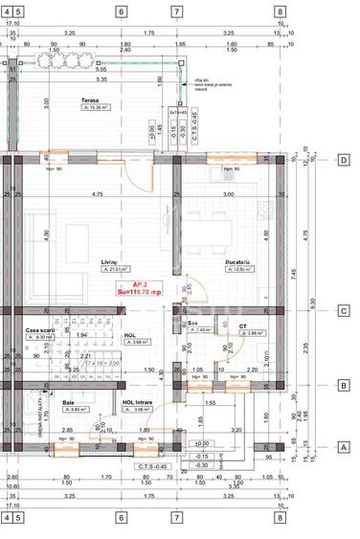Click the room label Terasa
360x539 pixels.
[x=93, y=100]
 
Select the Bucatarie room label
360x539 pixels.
[x=236, y=260]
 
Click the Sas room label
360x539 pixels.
[x=192, y=323]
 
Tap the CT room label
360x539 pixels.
[x=243, y=326]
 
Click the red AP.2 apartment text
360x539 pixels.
[x=140, y=284]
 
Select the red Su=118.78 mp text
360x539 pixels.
[x=140, y=292]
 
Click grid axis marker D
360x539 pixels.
[x=344, y=160]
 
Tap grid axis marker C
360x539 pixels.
[x=344, y=309]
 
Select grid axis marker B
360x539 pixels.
[x=344, y=386]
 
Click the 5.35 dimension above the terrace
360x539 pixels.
[x=101, y=79]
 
